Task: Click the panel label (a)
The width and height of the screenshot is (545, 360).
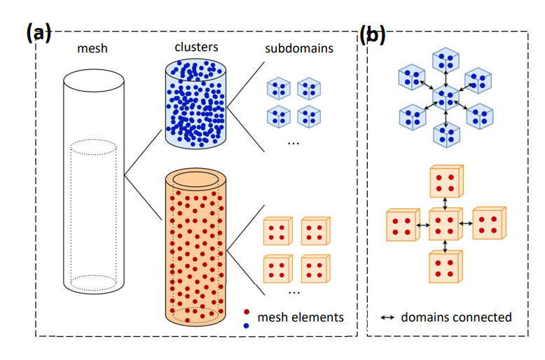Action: tap(39, 32)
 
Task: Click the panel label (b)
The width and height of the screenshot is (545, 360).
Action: tap(373, 33)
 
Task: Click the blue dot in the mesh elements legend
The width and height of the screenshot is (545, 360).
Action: tap(246, 326)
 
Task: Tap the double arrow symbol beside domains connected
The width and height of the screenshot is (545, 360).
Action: tap(387, 318)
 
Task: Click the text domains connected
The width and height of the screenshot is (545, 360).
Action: tap(456, 317)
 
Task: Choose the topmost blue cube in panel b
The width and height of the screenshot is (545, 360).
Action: tap(446, 61)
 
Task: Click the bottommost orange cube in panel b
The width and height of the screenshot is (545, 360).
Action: tap(446, 267)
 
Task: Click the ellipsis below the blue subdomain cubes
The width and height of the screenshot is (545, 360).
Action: tap(294, 143)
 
